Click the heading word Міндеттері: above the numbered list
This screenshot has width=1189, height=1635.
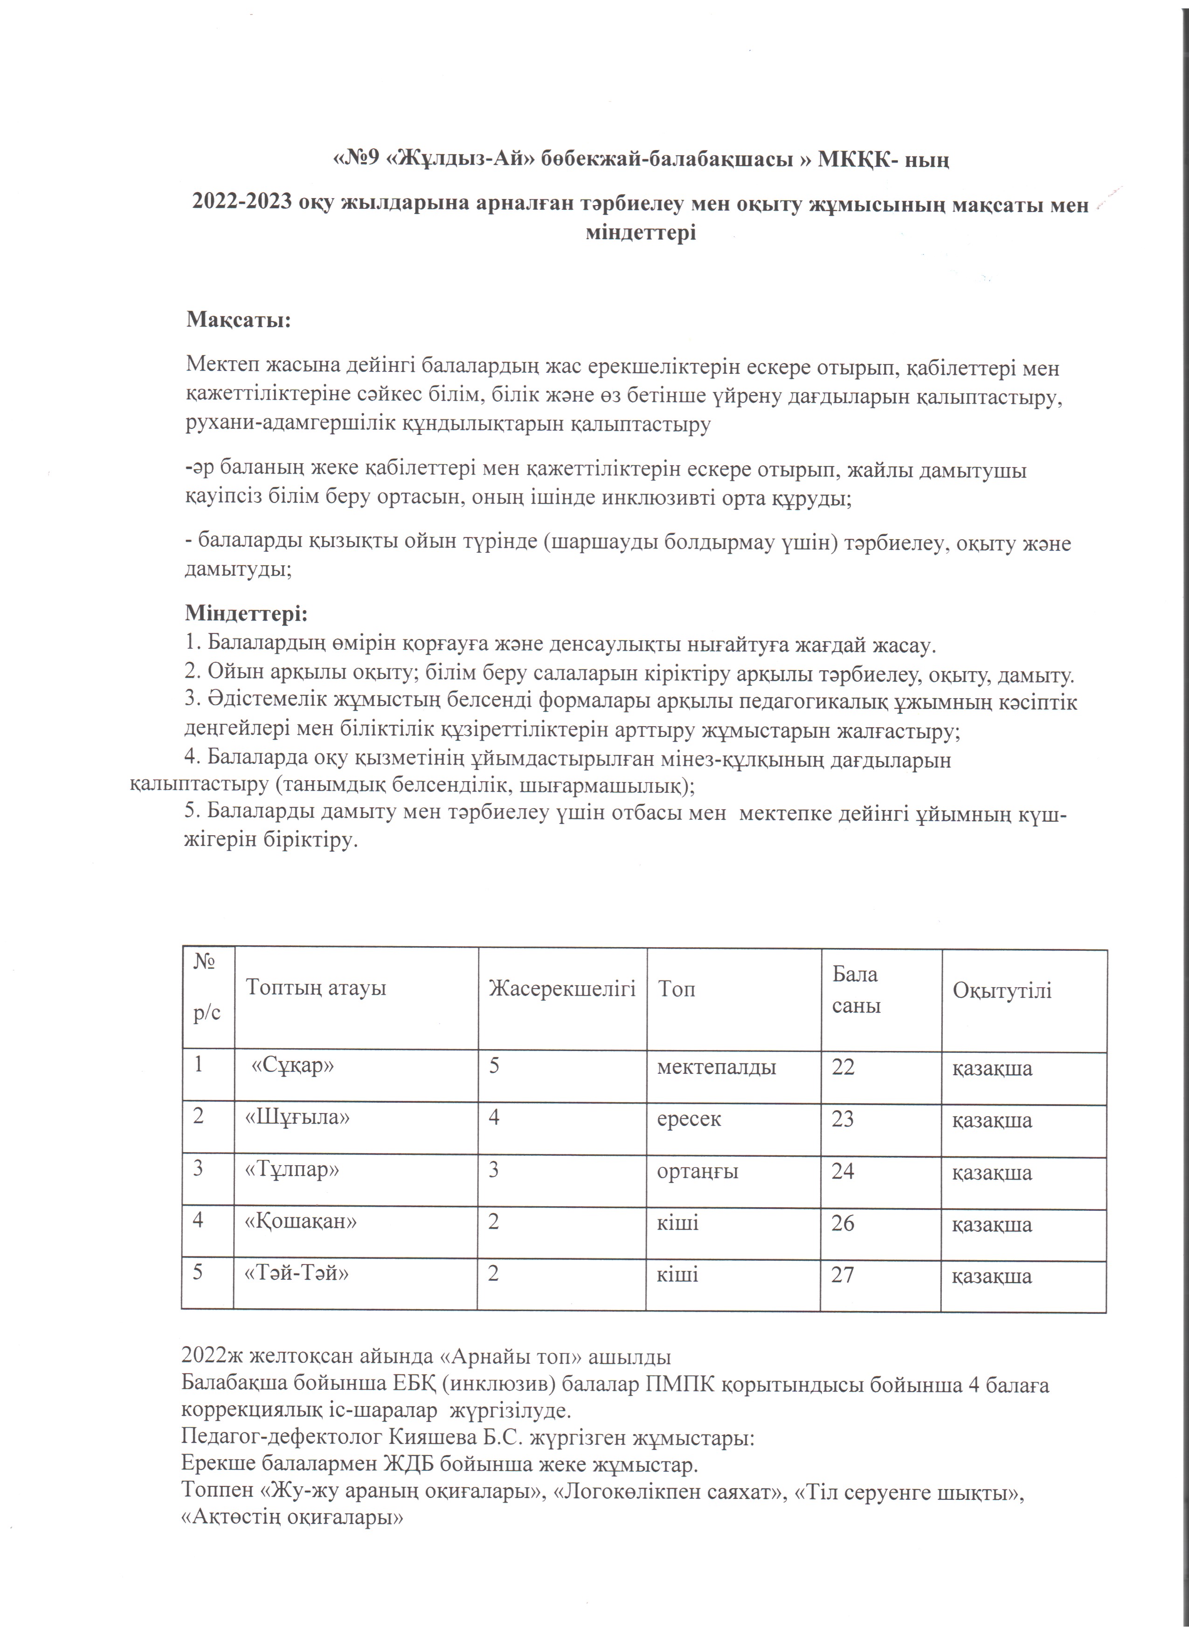(x=246, y=613)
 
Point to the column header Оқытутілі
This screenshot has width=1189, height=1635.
(x=1002, y=990)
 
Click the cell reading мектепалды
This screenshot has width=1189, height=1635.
(x=716, y=1067)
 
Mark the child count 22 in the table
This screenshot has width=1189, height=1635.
(x=843, y=1067)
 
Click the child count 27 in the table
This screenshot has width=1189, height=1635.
(x=843, y=1275)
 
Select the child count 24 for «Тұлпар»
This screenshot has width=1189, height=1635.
(x=843, y=1171)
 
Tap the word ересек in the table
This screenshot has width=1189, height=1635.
(x=689, y=1119)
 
